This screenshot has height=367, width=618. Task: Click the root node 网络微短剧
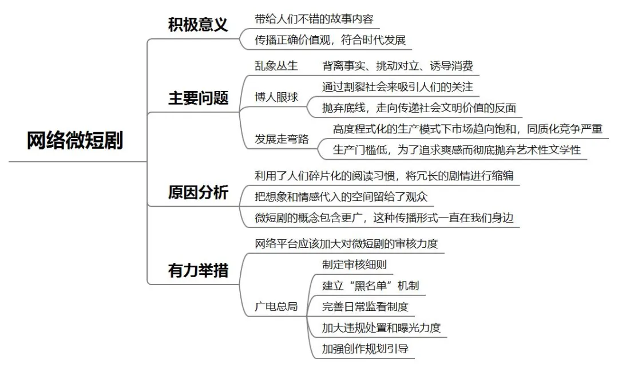pyautogui.click(x=75, y=140)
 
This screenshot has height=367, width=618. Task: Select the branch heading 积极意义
pyautogui.click(x=198, y=25)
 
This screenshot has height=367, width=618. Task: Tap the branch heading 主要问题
pyautogui.click(x=198, y=98)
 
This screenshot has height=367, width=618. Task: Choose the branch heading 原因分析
pyautogui.click(x=198, y=192)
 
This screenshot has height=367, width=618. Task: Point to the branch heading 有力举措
pyautogui.click(x=198, y=269)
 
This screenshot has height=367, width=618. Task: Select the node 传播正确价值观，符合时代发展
pyautogui.click(x=330, y=40)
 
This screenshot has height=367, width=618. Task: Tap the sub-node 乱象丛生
pyautogui.click(x=276, y=66)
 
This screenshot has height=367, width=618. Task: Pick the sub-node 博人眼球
pyautogui.click(x=276, y=97)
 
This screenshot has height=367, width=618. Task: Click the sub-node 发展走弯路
pyautogui.click(x=282, y=139)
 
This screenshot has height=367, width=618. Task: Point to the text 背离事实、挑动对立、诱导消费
pyautogui.click(x=398, y=66)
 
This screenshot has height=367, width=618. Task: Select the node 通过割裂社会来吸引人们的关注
pyautogui.click(x=398, y=86)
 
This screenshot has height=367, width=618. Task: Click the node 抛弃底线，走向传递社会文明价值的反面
pyautogui.click(x=419, y=108)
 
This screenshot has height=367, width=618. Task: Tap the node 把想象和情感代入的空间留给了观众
pyautogui.click(x=341, y=196)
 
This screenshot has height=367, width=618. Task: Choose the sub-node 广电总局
pyautogui.click(x=276, y=306)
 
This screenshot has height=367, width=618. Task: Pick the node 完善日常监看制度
pyautogui.click(x=365, y=306)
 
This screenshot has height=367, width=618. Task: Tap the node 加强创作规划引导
pyautogui.click(x=365, y=348)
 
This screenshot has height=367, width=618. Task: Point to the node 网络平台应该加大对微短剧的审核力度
pyautogui.click(x=346, y=243)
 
